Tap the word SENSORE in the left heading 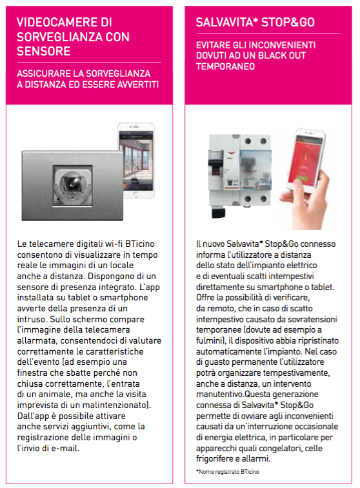pos(44,51)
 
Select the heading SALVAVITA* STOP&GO pos(255,22)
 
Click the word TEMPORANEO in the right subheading pos(225,66)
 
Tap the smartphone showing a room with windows pos(136,161)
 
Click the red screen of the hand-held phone pos(305,160)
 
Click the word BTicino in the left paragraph pos(140,244)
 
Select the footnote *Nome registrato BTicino pos(228,472)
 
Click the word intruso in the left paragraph pos(32,319)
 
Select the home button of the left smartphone pos(135,195)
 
